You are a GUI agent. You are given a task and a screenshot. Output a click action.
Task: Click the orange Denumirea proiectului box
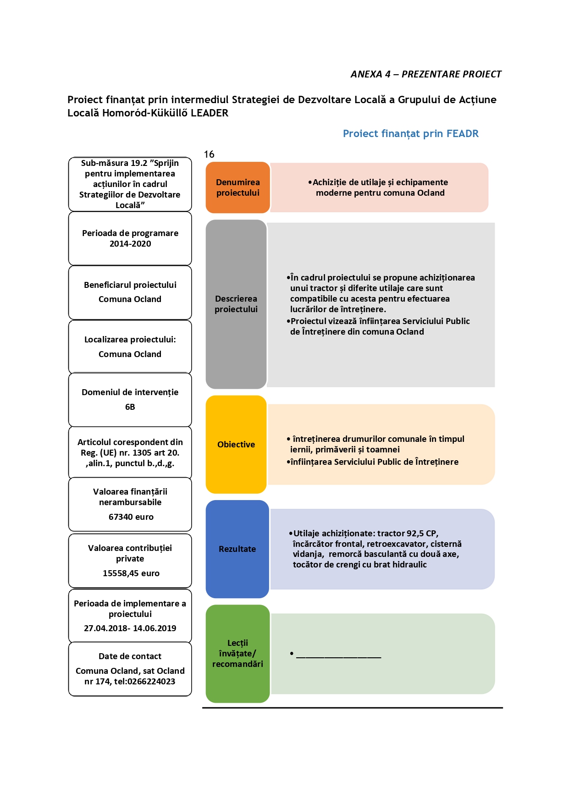238,187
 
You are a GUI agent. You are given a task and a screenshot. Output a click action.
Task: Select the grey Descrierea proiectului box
236,304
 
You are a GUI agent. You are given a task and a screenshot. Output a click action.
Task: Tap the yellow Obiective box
236,444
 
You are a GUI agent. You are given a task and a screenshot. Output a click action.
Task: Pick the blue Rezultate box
237,549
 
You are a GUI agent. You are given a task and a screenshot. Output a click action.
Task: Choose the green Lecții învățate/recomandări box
238,654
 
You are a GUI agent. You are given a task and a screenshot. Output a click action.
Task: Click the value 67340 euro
131,517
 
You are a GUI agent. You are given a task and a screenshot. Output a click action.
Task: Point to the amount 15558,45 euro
131,573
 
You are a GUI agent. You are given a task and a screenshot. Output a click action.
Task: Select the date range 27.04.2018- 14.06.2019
130,628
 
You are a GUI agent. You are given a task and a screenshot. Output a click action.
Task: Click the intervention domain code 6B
130,407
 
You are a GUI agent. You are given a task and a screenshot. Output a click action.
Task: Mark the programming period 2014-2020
130,244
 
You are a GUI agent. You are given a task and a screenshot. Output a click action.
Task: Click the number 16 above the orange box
209,154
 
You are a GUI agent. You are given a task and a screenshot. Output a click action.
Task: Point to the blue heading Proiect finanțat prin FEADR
411,134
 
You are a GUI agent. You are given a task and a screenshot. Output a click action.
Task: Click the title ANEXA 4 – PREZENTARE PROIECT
426,74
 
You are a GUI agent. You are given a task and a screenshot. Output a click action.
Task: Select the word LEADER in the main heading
210,113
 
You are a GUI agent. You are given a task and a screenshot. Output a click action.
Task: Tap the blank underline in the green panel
339,658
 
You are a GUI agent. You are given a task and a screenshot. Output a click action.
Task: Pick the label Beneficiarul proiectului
130,285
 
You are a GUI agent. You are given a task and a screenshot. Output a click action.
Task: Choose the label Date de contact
130,656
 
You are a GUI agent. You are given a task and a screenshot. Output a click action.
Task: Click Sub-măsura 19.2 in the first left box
114,163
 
